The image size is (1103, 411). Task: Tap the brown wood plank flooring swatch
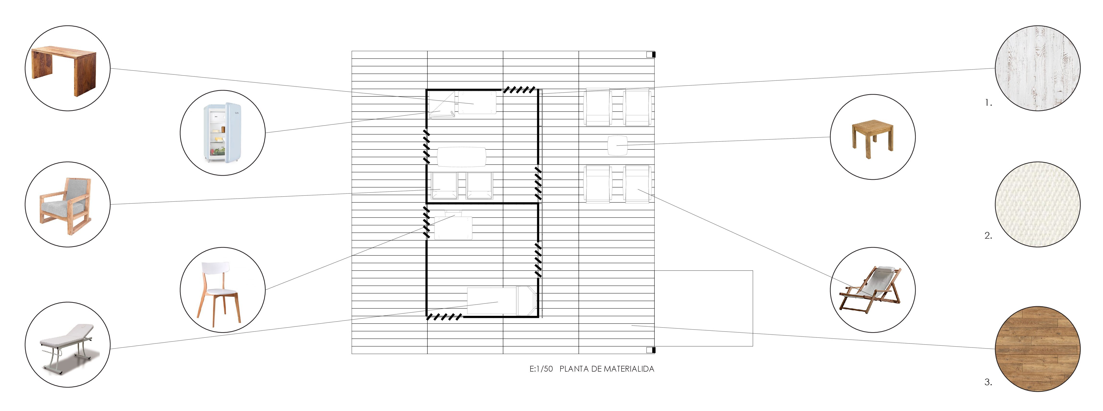click(x=1037, y=349)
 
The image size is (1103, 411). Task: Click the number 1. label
click(x=988, y=103)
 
